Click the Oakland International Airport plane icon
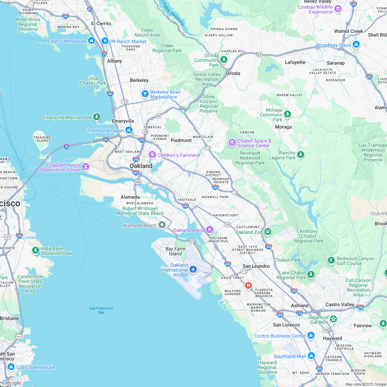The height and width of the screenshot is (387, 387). tap(193, 269)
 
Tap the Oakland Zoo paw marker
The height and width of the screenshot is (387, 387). tap(268, 232)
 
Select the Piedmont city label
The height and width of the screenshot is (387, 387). tap(181, 140)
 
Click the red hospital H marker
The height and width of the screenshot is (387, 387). tap(248, 285)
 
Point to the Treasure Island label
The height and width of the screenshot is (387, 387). tap(42, 139)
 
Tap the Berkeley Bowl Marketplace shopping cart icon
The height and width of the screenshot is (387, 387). tap(145, 94)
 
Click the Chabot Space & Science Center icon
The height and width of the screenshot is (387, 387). tap(232, 142)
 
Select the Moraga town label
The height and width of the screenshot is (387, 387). tap(283, 127)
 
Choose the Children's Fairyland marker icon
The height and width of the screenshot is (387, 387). tap(152, 154)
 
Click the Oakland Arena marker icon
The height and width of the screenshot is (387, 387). tap(209, 229)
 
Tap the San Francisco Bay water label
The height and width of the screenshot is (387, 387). tap(101, 310)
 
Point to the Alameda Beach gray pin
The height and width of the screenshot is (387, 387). tap(162, 225)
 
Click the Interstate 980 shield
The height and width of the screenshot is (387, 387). tap(136, 159)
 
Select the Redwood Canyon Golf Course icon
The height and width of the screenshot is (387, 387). tap(331, 260)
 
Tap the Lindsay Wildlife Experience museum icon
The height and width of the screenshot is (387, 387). tap(338, 9)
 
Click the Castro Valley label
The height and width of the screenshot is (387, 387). tap(340, 304)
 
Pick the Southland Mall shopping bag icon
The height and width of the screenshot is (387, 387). tap(311, 355)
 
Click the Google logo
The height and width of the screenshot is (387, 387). tap(11, 383)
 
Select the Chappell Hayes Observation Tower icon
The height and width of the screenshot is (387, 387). tap(85, 167)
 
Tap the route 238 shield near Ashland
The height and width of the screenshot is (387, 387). tap(299, 313)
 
